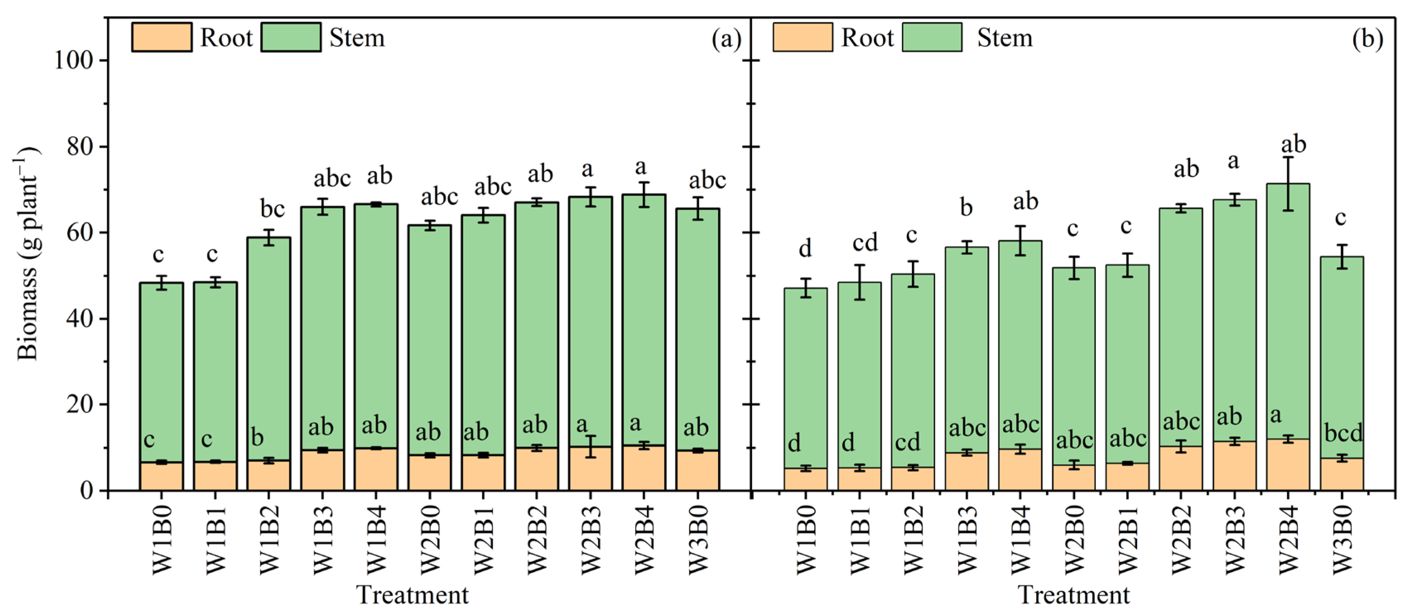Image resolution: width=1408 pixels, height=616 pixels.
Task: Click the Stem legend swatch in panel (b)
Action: click(x=931, y=37)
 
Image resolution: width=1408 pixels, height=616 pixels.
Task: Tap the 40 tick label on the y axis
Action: click(x=79, y=319)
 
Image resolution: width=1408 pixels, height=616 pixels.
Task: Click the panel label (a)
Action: click(x=726, y=39)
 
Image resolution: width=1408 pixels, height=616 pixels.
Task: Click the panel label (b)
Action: click(x=1367, y=39)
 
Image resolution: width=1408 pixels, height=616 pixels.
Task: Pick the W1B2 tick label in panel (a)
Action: click(x=269, y=539)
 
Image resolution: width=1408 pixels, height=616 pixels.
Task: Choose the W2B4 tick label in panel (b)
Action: click(x=1288, y=539)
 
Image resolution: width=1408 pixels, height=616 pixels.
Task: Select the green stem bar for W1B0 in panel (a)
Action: click(x=161, y=372)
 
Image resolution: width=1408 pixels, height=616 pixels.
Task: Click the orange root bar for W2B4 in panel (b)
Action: click(x=1288, y=464)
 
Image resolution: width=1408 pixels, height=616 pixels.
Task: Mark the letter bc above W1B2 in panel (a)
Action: click(x=272, y=209)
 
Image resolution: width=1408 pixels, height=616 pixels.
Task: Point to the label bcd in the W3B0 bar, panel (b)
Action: click(x=1343, y=433)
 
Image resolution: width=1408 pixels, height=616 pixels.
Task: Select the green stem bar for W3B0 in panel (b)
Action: click(x=1342, y=355)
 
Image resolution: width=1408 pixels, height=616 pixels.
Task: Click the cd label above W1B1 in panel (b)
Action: click(x=865, y=242)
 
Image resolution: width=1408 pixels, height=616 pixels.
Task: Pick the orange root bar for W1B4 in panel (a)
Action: click(x=376, y=469)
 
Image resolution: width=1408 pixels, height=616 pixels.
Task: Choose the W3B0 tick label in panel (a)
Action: click(x=698, y=539)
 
